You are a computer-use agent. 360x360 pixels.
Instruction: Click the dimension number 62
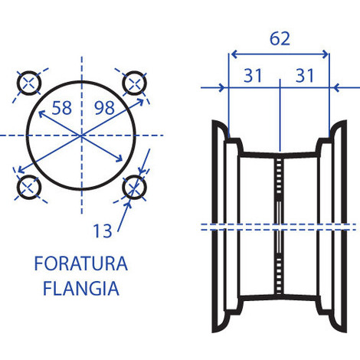tap(280, 38)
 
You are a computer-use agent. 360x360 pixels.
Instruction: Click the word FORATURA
tap(80, 265)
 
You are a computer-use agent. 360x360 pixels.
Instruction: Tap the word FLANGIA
tap(80, 290)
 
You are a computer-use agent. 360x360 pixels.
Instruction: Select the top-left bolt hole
tap(29, 82)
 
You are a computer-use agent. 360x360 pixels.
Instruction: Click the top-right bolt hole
tap(135, 81)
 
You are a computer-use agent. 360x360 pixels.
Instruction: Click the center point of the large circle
tap(81, 135)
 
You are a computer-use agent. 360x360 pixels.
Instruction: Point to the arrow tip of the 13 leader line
tap(131, 198)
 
